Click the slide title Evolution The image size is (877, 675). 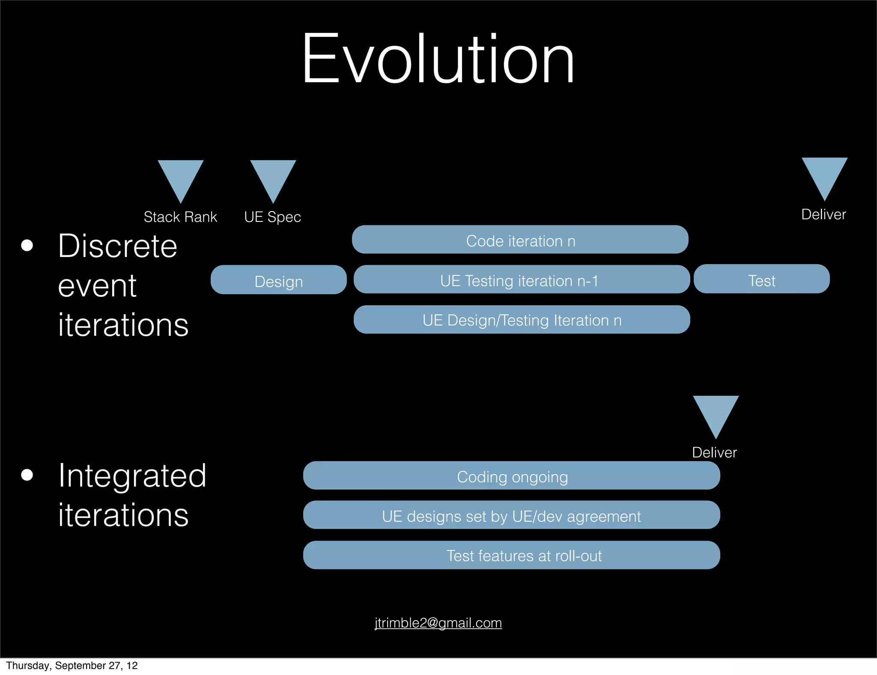tap(438, 59)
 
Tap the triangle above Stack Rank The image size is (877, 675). tap(180, 176)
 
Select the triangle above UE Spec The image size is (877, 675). tap(273, 176)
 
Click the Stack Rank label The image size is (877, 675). tap(180, 217)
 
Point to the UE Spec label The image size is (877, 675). tap(272, 217)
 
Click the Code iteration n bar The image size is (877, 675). tap(520, 240)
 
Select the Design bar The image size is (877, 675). tap(278, 280)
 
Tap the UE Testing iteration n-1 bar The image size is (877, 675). tap(521, 280)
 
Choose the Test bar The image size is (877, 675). tap(761, 279)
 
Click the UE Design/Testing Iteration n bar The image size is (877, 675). tap(522, 320)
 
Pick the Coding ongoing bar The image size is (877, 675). tap(511, 476)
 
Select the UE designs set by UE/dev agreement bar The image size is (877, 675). tap(511, 515)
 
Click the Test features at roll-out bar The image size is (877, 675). tap(511, 555)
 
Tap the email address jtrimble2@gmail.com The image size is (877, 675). tap(438, 622)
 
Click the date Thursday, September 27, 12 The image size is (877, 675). tap(72, 665)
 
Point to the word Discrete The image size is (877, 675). tap(118, 246)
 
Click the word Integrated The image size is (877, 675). tap(132, 475)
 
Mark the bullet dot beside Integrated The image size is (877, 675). tap(27, 475)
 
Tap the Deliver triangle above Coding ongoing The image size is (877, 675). tap(716, 412)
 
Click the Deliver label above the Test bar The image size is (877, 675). tap(823, 214)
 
